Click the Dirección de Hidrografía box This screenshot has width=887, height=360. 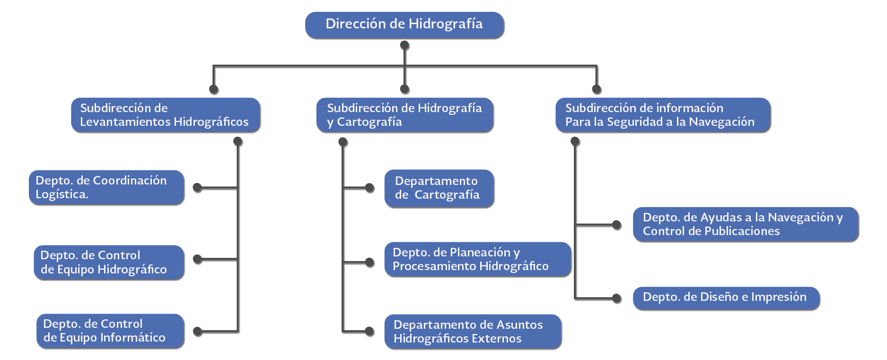(x=404, y=25)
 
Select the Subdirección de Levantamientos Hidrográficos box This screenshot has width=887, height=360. (x=166, y=115)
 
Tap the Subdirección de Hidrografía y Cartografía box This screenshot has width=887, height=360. (x=404, y=115)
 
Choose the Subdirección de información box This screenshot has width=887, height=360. (x=662, y=115)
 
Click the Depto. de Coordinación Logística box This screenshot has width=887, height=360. (x=106, y=187)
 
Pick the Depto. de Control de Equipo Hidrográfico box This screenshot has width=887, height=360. (x=109, y=262)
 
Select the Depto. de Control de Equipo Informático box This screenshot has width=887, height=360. (x=110, y=331)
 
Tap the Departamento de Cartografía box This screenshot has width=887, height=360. (x=439, y=188)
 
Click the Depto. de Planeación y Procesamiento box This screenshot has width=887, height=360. (x=478, y=259)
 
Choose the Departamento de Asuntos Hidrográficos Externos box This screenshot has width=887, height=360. (x=473, y=332)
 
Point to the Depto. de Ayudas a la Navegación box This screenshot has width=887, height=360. (x=745, y=224)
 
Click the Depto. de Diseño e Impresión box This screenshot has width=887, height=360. (x=726, y=298)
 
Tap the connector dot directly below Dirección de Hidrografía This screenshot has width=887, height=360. (x=404, y=45)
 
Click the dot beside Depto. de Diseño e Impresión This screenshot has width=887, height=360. (x=616, y=298)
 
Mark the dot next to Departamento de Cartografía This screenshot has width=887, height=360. (x=369, y=188)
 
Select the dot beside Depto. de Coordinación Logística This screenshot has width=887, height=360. (x=198, y=188)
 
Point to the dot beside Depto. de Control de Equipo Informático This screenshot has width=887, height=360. (x=198, y=332)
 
